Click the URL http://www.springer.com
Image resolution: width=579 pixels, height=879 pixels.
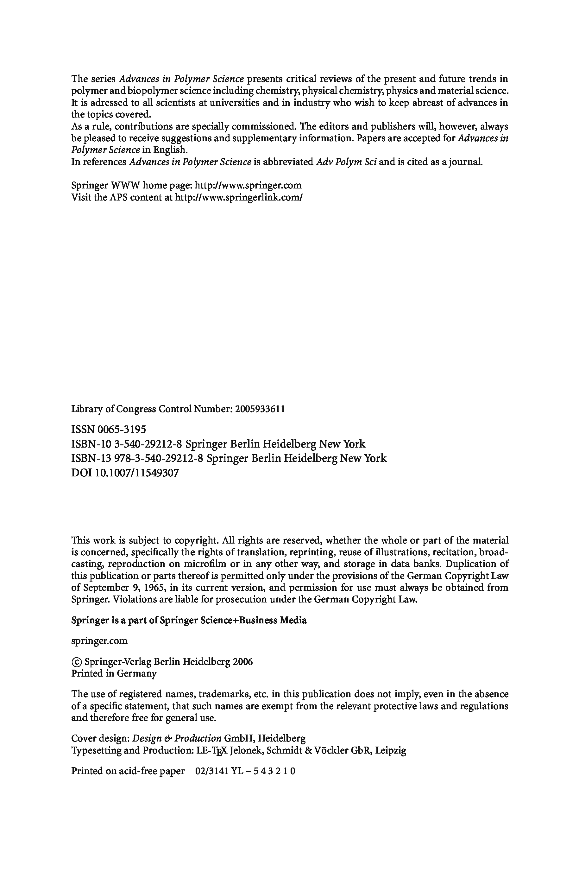pos(248,186)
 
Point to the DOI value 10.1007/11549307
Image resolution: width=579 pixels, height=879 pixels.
pos(137,473)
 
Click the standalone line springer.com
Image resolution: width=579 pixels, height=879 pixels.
pos(99,641)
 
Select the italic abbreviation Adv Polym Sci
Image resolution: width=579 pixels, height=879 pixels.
pos(346,162)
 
